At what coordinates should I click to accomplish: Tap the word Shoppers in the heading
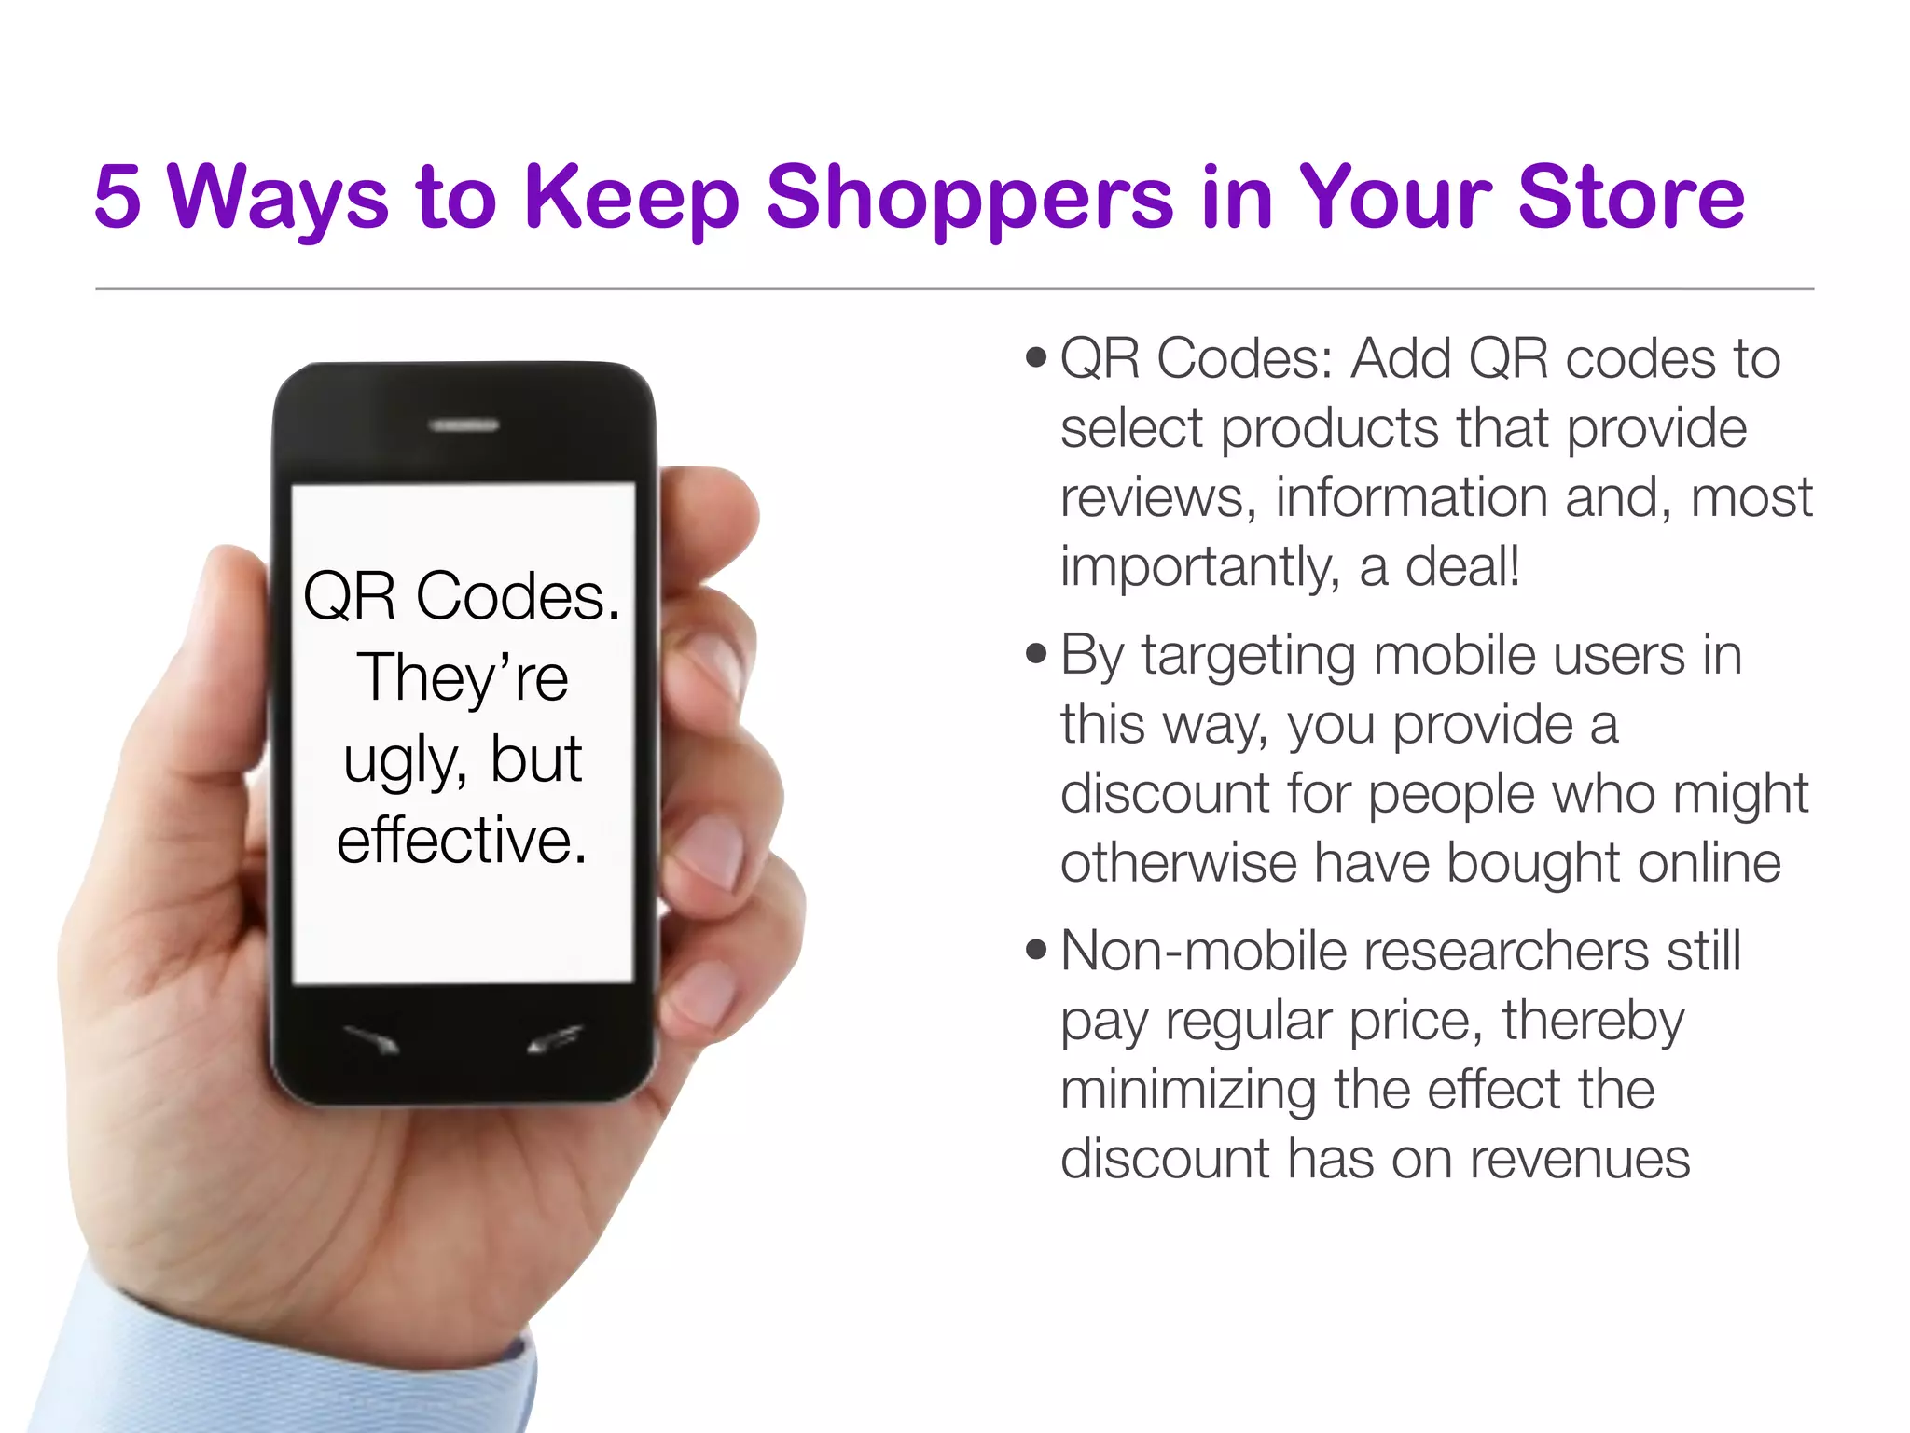969,198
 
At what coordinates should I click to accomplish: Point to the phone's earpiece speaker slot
464,425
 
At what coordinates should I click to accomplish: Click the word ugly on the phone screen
403,761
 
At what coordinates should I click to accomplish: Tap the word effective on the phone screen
462,840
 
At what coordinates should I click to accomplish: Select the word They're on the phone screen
462,677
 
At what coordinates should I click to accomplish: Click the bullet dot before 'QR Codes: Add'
1035,357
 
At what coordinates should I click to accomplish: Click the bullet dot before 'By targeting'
1035,653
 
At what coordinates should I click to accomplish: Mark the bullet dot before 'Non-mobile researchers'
1035,950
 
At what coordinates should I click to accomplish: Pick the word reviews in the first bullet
1157,496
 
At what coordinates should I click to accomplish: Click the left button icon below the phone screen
373,1038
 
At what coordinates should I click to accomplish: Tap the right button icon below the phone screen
555,1038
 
